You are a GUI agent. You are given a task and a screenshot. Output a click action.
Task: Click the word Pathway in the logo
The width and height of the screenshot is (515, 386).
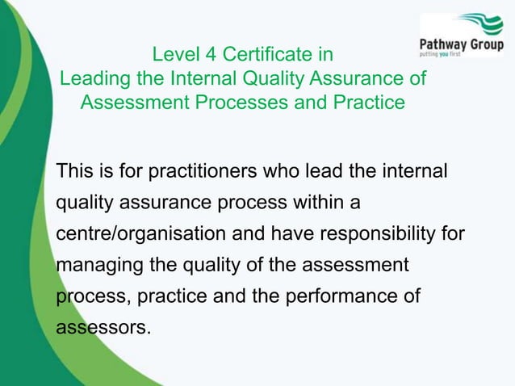click(446, 43)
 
